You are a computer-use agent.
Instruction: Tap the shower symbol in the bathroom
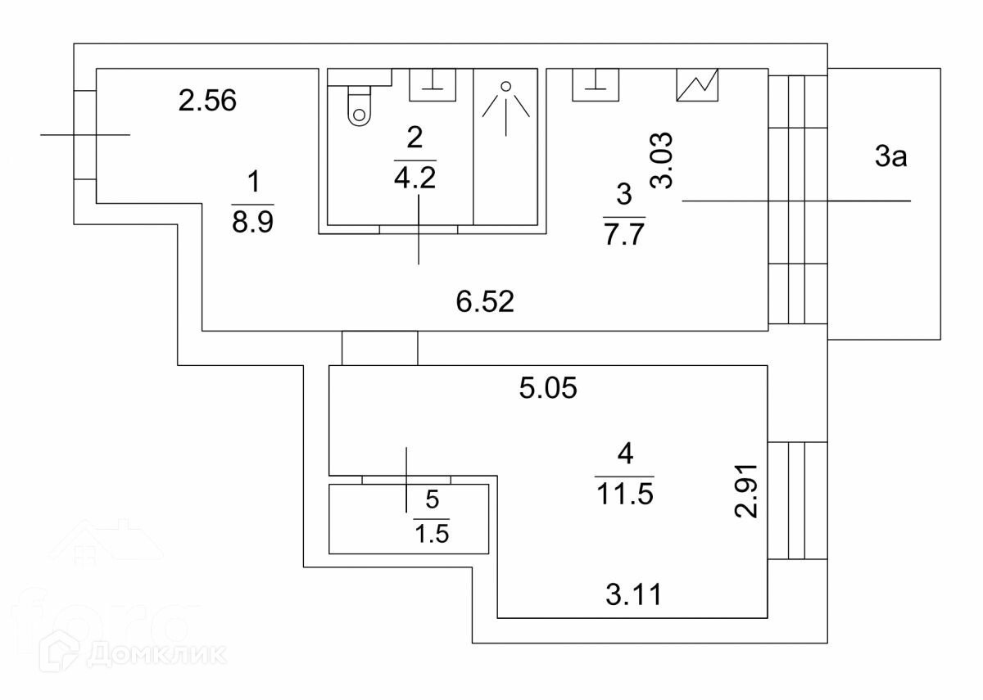(x=506, y=106)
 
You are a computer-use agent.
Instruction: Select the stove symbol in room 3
(x=697, y=84)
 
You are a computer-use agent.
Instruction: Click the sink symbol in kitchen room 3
(x=595, y=84)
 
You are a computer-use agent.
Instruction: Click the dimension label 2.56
(x=207, y=101)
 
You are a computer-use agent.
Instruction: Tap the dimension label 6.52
(x=485, y=303)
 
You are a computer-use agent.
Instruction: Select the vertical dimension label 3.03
(x=664, y=160)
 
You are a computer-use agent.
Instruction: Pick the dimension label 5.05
(x=549, y=387)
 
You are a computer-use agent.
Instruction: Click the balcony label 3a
(x=890, y=157)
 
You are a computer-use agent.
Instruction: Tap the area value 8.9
(x=252, y=223)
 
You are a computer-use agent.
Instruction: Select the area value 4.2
(x=414, y=178)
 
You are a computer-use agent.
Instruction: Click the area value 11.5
(x=624, y=496)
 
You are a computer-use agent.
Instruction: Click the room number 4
(x=624, y=453)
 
